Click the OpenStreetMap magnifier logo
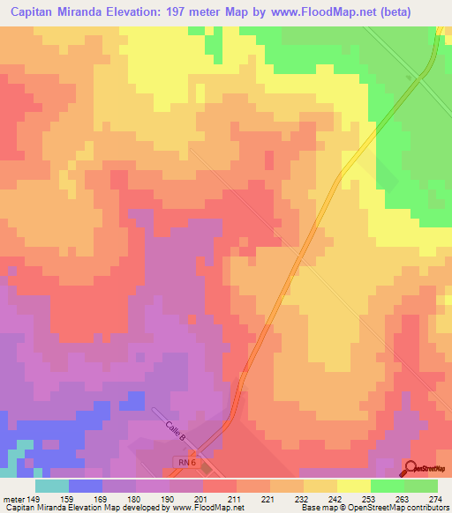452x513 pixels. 411,468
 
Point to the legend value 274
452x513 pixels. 436,498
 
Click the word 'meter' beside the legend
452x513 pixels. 12,498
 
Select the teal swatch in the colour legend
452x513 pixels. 52,486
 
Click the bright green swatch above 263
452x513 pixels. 388,486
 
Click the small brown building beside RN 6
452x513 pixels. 207,469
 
